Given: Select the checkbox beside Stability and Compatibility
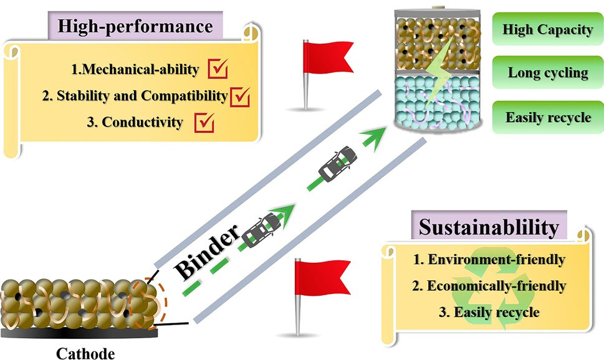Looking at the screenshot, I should [x=240, y=97].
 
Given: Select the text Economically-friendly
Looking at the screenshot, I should [x=488, y=286].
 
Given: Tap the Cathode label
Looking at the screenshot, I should [x=86, y=353].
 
